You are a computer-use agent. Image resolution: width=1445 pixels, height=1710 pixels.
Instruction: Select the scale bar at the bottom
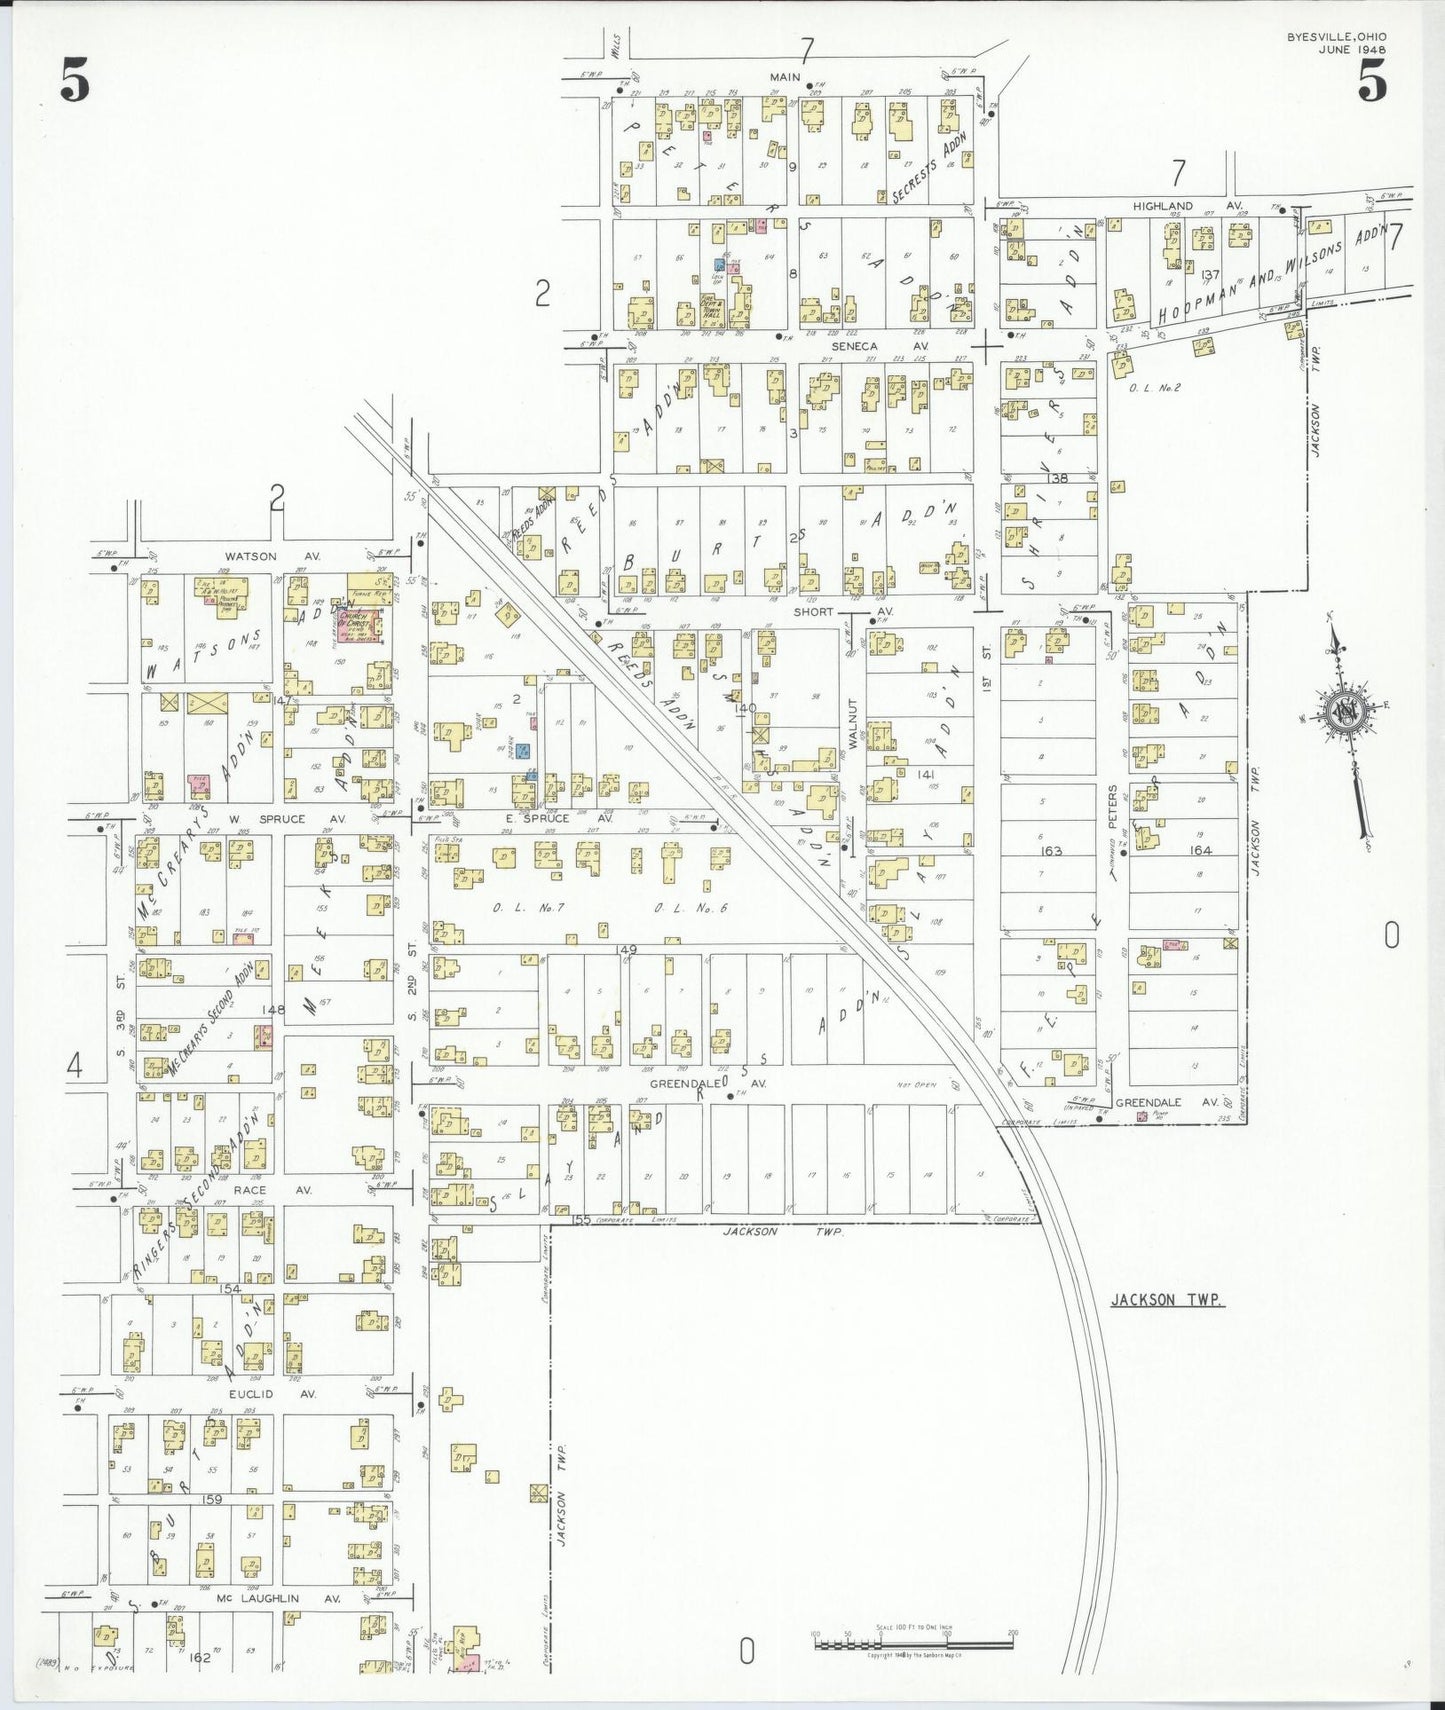(x=913, y=1642)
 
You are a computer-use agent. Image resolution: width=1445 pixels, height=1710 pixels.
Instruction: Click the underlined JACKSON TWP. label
(x=1167, y=1300)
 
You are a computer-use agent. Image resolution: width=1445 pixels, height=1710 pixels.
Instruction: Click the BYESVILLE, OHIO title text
(x=1336, y=37)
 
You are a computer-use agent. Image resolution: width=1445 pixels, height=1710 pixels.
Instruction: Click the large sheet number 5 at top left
(x=75, y=80)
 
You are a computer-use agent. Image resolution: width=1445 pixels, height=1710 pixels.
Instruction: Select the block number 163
(x=1051, y=851)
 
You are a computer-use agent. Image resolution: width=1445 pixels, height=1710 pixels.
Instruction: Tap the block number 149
(x=627, y=949)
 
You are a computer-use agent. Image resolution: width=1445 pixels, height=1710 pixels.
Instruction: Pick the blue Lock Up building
(x=719, y=266)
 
